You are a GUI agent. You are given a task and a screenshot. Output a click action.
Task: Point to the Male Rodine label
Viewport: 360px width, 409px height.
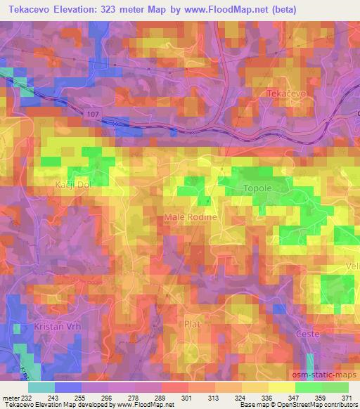click(191, 218)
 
